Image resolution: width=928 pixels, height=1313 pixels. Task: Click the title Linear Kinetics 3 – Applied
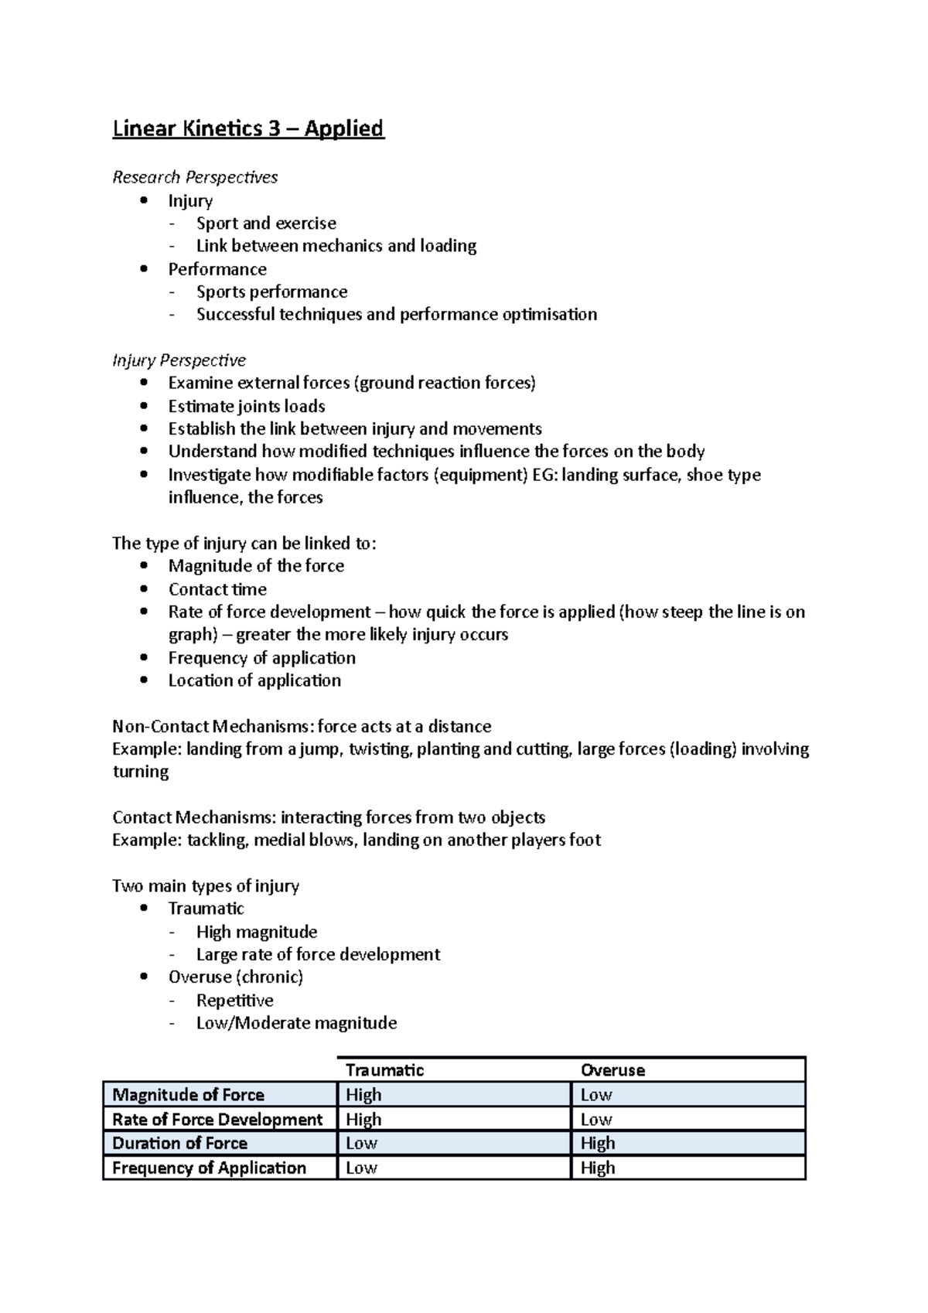248,128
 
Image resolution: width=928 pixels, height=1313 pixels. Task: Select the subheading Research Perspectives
195,177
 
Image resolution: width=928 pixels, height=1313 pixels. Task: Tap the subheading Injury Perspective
179,360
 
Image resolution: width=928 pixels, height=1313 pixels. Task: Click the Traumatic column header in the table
384,1070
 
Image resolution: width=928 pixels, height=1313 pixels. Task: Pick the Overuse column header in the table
612,1070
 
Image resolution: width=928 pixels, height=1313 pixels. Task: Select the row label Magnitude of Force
188,1095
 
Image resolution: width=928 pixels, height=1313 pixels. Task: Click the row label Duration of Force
179,1144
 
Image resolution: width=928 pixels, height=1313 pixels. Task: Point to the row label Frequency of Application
209,1168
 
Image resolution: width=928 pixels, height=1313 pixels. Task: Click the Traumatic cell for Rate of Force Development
363,1120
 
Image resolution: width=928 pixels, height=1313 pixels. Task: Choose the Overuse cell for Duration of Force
598,1144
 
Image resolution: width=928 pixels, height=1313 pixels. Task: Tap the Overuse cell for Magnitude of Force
596,1095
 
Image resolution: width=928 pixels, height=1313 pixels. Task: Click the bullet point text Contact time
217,589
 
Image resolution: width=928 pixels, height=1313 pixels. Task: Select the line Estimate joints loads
247,407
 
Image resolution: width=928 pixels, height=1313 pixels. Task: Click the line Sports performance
271,292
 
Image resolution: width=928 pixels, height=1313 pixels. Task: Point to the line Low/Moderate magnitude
296,1023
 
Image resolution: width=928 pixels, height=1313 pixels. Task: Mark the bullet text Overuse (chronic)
236,977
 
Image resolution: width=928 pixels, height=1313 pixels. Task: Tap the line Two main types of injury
206,886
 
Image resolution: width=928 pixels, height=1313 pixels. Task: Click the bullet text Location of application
254,680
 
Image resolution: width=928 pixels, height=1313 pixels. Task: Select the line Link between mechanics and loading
336,246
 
